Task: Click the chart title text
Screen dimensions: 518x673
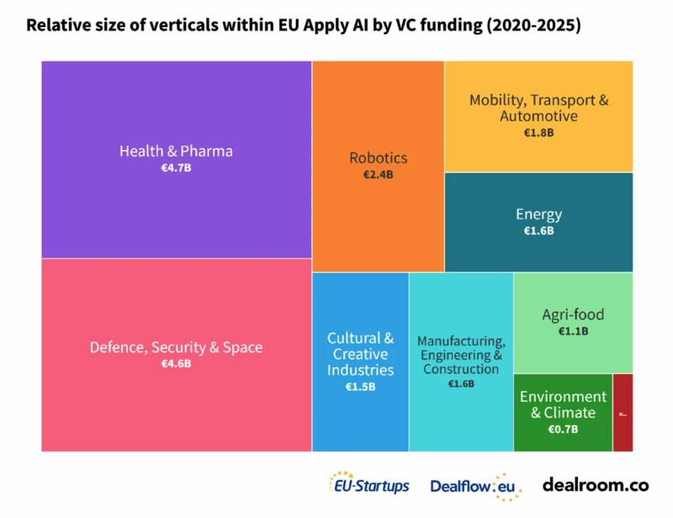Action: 304,25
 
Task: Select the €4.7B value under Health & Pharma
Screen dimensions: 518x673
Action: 176,168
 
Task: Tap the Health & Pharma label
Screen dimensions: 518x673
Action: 176,152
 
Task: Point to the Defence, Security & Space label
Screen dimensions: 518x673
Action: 176,347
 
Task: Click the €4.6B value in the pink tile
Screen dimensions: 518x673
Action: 176,364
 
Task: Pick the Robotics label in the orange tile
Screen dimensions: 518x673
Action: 378,158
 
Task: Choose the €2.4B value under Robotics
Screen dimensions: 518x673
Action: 378,175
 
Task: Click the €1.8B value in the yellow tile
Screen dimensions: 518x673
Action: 538,132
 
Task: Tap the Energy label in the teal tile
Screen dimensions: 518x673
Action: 538,214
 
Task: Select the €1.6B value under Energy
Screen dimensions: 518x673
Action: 538,231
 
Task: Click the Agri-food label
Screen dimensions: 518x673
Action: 573,315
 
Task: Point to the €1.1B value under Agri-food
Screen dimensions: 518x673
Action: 573,332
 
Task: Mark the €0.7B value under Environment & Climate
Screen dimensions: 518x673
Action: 562,430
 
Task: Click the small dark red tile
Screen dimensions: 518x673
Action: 623,413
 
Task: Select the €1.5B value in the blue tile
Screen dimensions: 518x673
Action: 360,387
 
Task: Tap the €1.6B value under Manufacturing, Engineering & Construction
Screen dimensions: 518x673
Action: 461,384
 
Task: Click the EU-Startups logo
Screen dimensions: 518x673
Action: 369,485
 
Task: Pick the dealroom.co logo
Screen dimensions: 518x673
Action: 596,485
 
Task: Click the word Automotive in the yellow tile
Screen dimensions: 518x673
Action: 538,116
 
